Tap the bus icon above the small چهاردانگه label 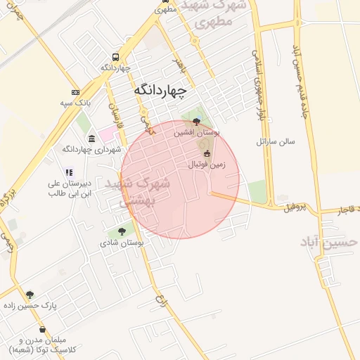pyautogui.click(x=115, y=57)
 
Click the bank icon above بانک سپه pyautogui.click(x=76, y=92)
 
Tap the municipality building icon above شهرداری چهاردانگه pyautogui.click(x=92, y=138)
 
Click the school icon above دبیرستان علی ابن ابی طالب pyautogui.click(x=68, y=172)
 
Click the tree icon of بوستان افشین pyautogui.click(x=195, y=122)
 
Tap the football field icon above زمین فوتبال pyautogui.click(x=207, y=154)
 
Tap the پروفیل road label pyautogui.click(x=296, y=207)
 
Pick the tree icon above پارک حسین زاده pyautogui.click(x=30, y=295)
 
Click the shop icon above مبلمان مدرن pyautogui.click(x=43, y=329)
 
